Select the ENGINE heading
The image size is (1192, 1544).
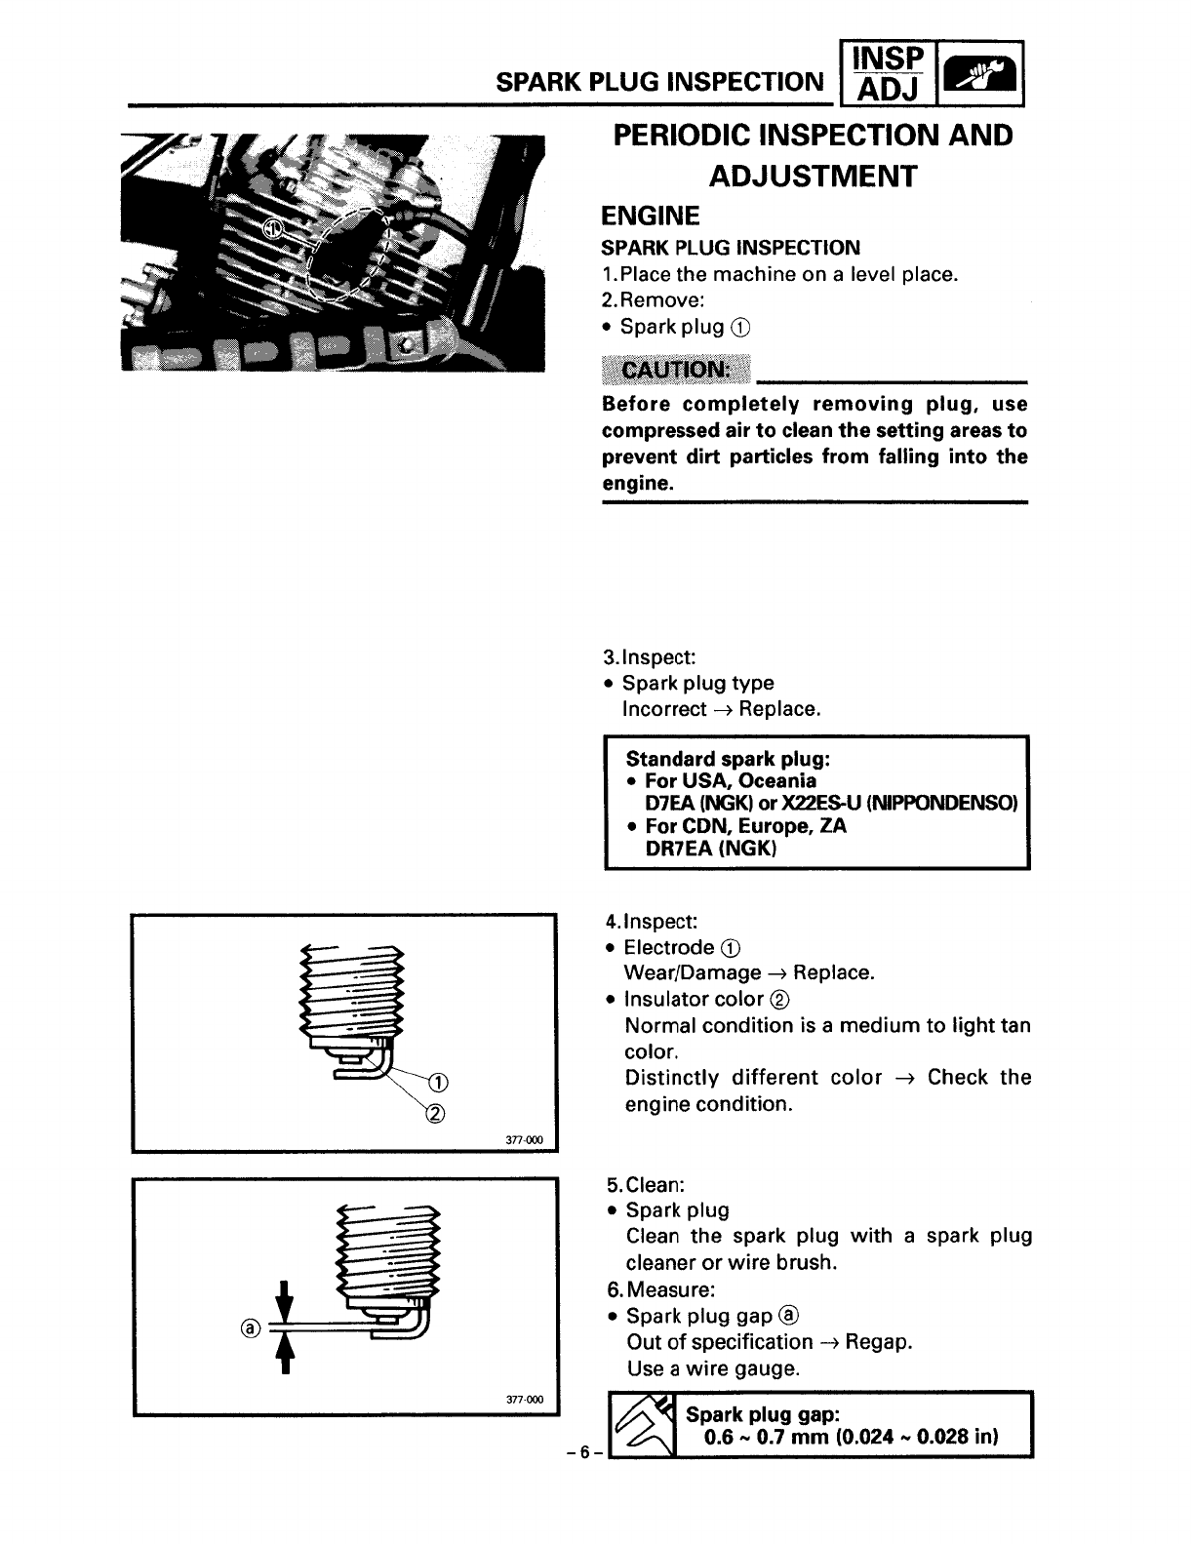pyautogui.click(x=651, y=216)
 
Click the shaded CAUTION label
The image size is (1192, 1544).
pyautogui.click(x=678, y=371)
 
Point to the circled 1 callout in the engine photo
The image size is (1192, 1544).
pyautogui.click(x=273, y=229)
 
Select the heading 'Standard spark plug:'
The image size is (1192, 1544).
pyautogui.click(x=728, y=758)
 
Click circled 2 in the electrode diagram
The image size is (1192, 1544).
pyautogui.click(x=437, y=1113)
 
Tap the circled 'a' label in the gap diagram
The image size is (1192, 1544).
pyautogui.click(x=251, y=1328)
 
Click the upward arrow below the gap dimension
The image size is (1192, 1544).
pyautogui.click(x=285, y=1351)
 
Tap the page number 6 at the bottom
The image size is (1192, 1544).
pyautogui.click(x=584, y=1452)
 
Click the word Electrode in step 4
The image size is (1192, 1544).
pyautogui.click(x=669, y=947)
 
